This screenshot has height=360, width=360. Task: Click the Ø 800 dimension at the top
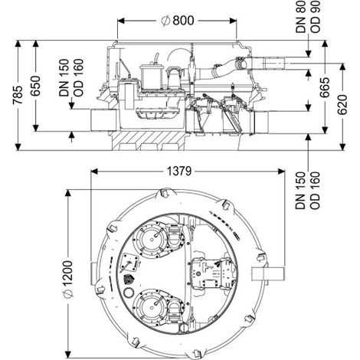point(178,21)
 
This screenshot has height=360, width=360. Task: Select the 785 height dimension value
point(18,95)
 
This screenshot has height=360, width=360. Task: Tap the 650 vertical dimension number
point(35,86)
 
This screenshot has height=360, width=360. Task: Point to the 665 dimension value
point(325,87)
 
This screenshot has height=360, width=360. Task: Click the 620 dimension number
point(342,105)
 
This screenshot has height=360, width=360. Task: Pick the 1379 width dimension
point(179,171)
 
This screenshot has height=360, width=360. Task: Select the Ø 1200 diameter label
point(68,279)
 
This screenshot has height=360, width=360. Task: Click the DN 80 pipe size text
point(301,17)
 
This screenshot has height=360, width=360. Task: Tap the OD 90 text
point(315,17)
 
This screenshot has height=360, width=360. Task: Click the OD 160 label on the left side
point(78,77)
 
